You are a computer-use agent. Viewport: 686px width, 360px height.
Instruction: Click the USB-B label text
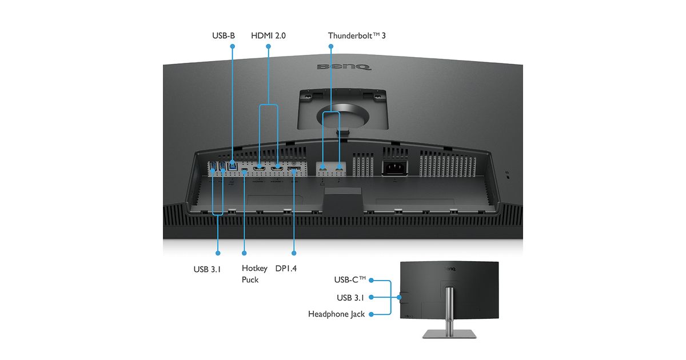(224, 35)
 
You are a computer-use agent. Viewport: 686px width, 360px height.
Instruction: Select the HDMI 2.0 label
(268, 35)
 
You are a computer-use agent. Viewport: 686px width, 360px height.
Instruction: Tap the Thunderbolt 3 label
(357, 35)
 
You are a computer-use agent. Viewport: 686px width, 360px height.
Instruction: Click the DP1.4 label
(286, 269)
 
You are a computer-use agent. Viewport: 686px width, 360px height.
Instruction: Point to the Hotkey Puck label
(254, 274)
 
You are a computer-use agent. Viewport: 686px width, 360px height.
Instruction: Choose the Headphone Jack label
(336, 314)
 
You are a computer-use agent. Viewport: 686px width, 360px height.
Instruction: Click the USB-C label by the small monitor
(350, 279)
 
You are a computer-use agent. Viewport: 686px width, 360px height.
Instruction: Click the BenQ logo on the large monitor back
(344, 67)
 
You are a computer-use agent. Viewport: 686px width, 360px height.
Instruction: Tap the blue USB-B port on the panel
(233, 166)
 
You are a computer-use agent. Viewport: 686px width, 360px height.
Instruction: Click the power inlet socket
(395, 167)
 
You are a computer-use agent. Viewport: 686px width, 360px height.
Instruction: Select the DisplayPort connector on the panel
(294, 169)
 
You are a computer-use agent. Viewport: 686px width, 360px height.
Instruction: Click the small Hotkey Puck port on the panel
(245, 169)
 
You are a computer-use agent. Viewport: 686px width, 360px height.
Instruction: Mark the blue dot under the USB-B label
(233, 46)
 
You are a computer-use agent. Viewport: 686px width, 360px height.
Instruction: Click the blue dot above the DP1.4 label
(294, 253)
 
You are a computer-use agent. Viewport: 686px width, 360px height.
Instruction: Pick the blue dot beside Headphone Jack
(371, 314)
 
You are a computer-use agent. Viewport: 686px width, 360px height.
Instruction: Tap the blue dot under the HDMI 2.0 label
(268, 46)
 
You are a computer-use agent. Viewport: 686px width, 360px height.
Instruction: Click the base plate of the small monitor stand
(449, 334)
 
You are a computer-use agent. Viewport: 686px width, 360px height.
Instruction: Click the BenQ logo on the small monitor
(450, 269)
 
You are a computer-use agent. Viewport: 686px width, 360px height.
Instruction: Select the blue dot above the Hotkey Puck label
(244, 253)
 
